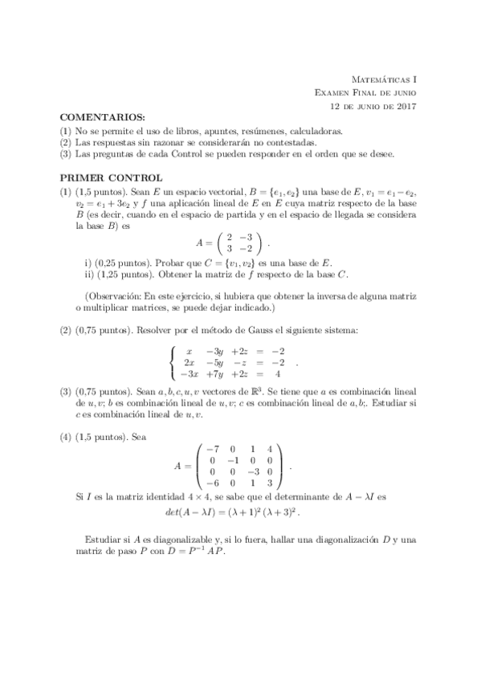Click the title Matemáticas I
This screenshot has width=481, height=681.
click(385, 80)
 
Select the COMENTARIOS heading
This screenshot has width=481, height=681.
click(102, 117)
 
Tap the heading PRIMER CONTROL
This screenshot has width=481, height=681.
click(112, 177)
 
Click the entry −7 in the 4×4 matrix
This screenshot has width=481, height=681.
click(213, 447)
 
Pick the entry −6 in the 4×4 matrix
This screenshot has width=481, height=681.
click(213, 483)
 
